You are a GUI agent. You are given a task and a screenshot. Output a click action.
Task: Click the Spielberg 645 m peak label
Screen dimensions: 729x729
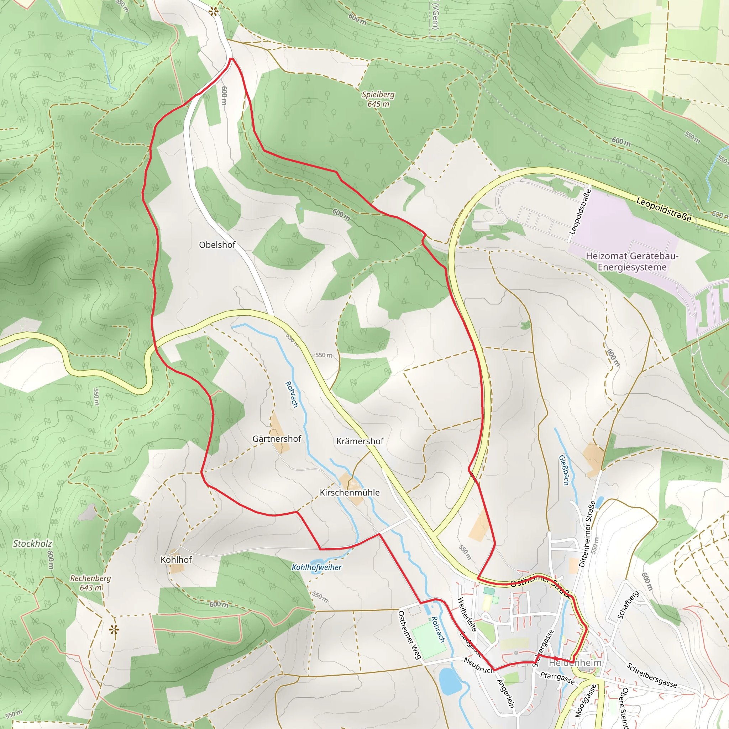(x=378, y=99)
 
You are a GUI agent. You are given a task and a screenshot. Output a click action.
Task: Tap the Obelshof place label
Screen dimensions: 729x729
(x=217, y=245)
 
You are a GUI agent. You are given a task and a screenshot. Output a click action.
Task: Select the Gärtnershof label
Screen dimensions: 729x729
(x=277, y=439)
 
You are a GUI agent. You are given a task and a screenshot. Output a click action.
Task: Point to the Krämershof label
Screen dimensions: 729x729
(x=360, y=441)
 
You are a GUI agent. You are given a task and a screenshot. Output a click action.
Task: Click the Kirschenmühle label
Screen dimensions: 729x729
(x=350, y=493)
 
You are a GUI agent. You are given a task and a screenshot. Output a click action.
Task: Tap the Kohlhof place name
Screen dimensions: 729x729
(x=176, y=560)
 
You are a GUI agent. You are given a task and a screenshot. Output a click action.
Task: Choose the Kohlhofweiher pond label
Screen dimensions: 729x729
(x=316, y=567)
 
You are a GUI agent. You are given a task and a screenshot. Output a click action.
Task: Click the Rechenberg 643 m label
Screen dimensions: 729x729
(x=90, y=583)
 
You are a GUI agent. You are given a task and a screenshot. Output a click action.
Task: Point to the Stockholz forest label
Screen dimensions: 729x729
(x=32, y=544)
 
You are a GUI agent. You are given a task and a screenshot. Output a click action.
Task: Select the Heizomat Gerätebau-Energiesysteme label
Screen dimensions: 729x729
(x=632, y=262)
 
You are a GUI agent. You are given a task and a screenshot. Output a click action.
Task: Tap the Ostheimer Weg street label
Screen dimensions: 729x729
(x=409, y=635)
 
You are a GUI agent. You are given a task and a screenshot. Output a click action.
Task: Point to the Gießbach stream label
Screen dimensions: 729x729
(x=564, y=470)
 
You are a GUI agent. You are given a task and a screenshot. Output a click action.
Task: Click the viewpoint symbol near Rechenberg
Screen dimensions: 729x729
(x=114, y=630)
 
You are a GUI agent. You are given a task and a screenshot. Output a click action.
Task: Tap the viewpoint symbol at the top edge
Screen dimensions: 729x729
(x=214, y=11)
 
